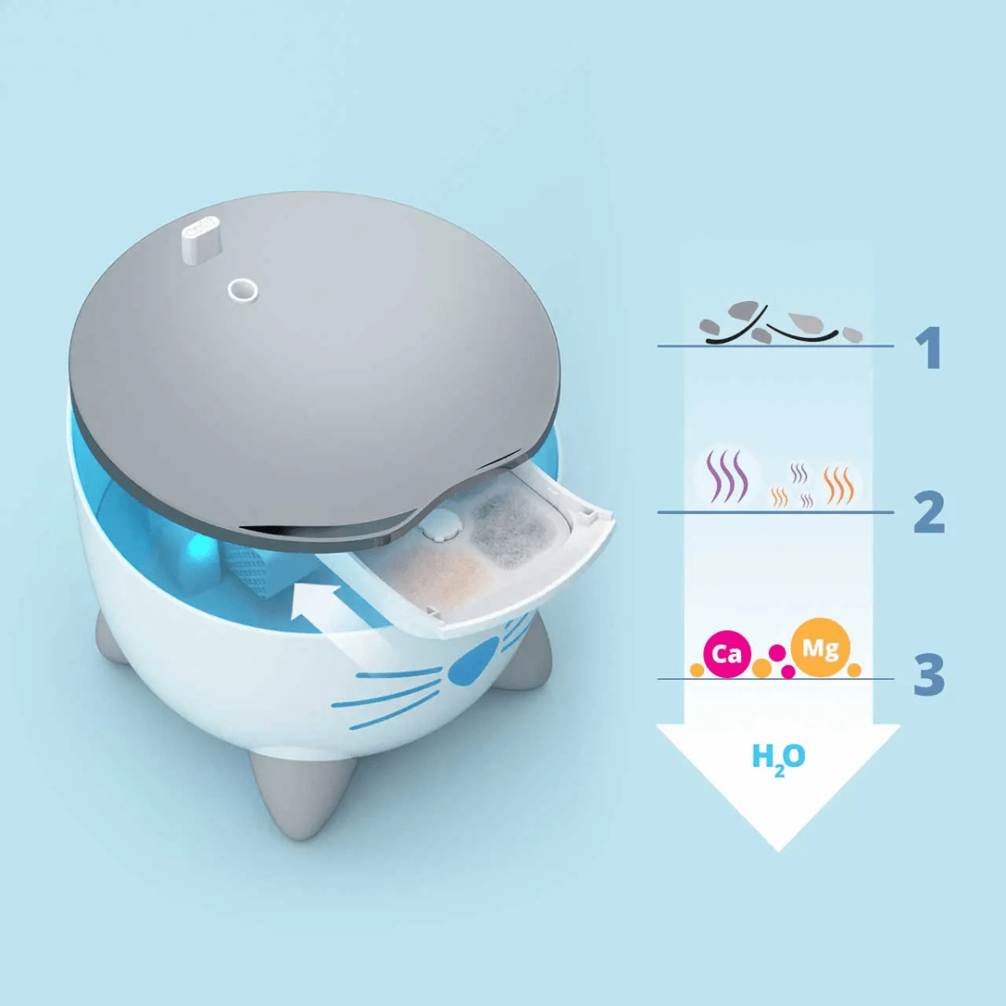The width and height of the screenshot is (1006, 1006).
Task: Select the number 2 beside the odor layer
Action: pos(929,512)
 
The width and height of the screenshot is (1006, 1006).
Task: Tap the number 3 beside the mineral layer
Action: pos(929,674)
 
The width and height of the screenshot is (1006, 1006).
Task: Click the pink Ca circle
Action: pos(726,653)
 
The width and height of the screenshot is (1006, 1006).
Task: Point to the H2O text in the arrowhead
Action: pos(778,758)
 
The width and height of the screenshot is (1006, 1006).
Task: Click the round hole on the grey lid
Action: pos(242,291)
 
